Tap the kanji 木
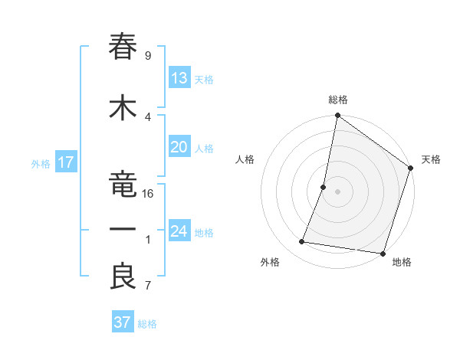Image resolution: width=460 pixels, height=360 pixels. [123, 107]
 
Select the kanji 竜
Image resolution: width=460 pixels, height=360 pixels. [123, 180]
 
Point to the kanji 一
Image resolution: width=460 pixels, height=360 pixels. [123, 230]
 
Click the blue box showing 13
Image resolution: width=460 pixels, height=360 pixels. [179, 78]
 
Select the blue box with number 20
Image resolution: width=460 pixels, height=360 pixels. [179, 147]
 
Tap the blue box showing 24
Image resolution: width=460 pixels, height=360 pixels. [179, 231]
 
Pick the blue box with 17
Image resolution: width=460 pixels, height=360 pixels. [65, 162]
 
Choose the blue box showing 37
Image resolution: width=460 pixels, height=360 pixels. [123, 322]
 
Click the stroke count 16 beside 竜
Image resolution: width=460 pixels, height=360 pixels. [148, 193]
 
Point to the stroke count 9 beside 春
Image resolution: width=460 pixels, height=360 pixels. [148, 55]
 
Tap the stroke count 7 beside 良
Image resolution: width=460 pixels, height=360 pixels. [148, 286]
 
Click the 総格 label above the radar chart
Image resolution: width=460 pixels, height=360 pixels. [338, 100]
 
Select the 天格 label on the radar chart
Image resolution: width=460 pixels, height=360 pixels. [431, 159]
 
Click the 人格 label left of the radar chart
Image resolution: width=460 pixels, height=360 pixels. [245, 159]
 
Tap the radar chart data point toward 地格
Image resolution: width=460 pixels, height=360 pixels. [383, 254]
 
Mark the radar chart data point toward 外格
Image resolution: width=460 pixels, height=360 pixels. [302, 242]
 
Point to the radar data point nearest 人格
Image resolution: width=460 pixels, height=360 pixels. [324, 187]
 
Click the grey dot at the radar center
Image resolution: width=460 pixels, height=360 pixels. [338, 191]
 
